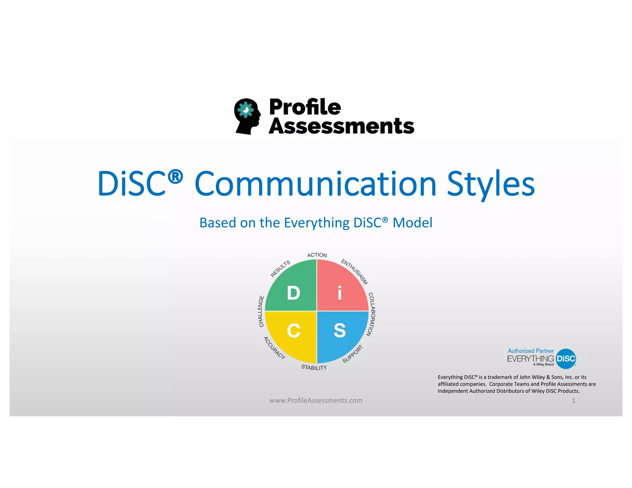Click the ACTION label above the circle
coord(317,255)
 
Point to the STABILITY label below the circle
coord(314,367)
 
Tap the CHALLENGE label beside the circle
coord(261,311)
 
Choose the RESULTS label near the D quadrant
coord(280,269)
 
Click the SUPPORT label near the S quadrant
coord(352,354)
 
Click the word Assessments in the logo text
coord(341,126)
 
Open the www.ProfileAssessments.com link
coord(316,400)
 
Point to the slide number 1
coord(573,400)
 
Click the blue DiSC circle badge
coord(566,359)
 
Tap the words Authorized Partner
coord(530,351)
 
